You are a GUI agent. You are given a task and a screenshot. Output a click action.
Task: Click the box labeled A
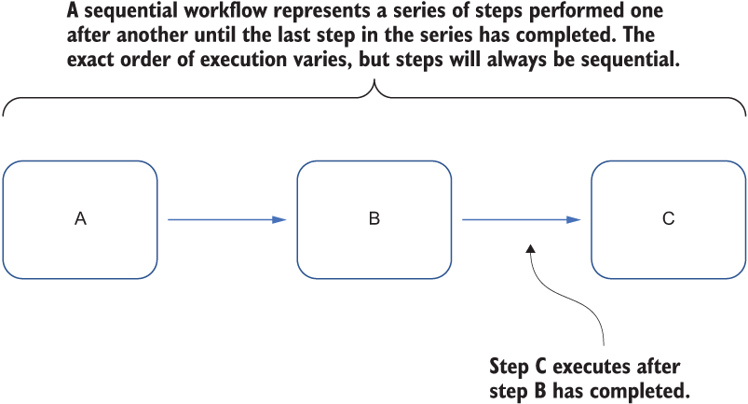point(80,219)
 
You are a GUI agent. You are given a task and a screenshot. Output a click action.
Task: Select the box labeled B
point(374,219)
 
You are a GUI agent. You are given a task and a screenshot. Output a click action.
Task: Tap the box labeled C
point(668,219)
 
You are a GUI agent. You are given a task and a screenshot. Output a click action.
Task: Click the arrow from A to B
point(227,219)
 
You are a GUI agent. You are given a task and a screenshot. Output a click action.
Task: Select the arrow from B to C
point(522,219)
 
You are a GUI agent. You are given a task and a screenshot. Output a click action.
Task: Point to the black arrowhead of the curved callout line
point(530,248)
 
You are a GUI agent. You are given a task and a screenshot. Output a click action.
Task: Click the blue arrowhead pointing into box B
point(279,219)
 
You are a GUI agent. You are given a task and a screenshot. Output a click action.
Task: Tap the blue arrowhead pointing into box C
point(574,219)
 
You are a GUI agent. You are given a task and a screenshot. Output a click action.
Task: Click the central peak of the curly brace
point(374,81)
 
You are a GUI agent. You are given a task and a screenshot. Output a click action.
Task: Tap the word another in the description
point(145,35)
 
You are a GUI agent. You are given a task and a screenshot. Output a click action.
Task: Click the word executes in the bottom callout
point(586,368)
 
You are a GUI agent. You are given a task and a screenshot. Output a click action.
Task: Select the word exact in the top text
point(90,60)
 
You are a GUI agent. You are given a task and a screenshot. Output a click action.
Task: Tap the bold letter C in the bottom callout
point(540,367)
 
